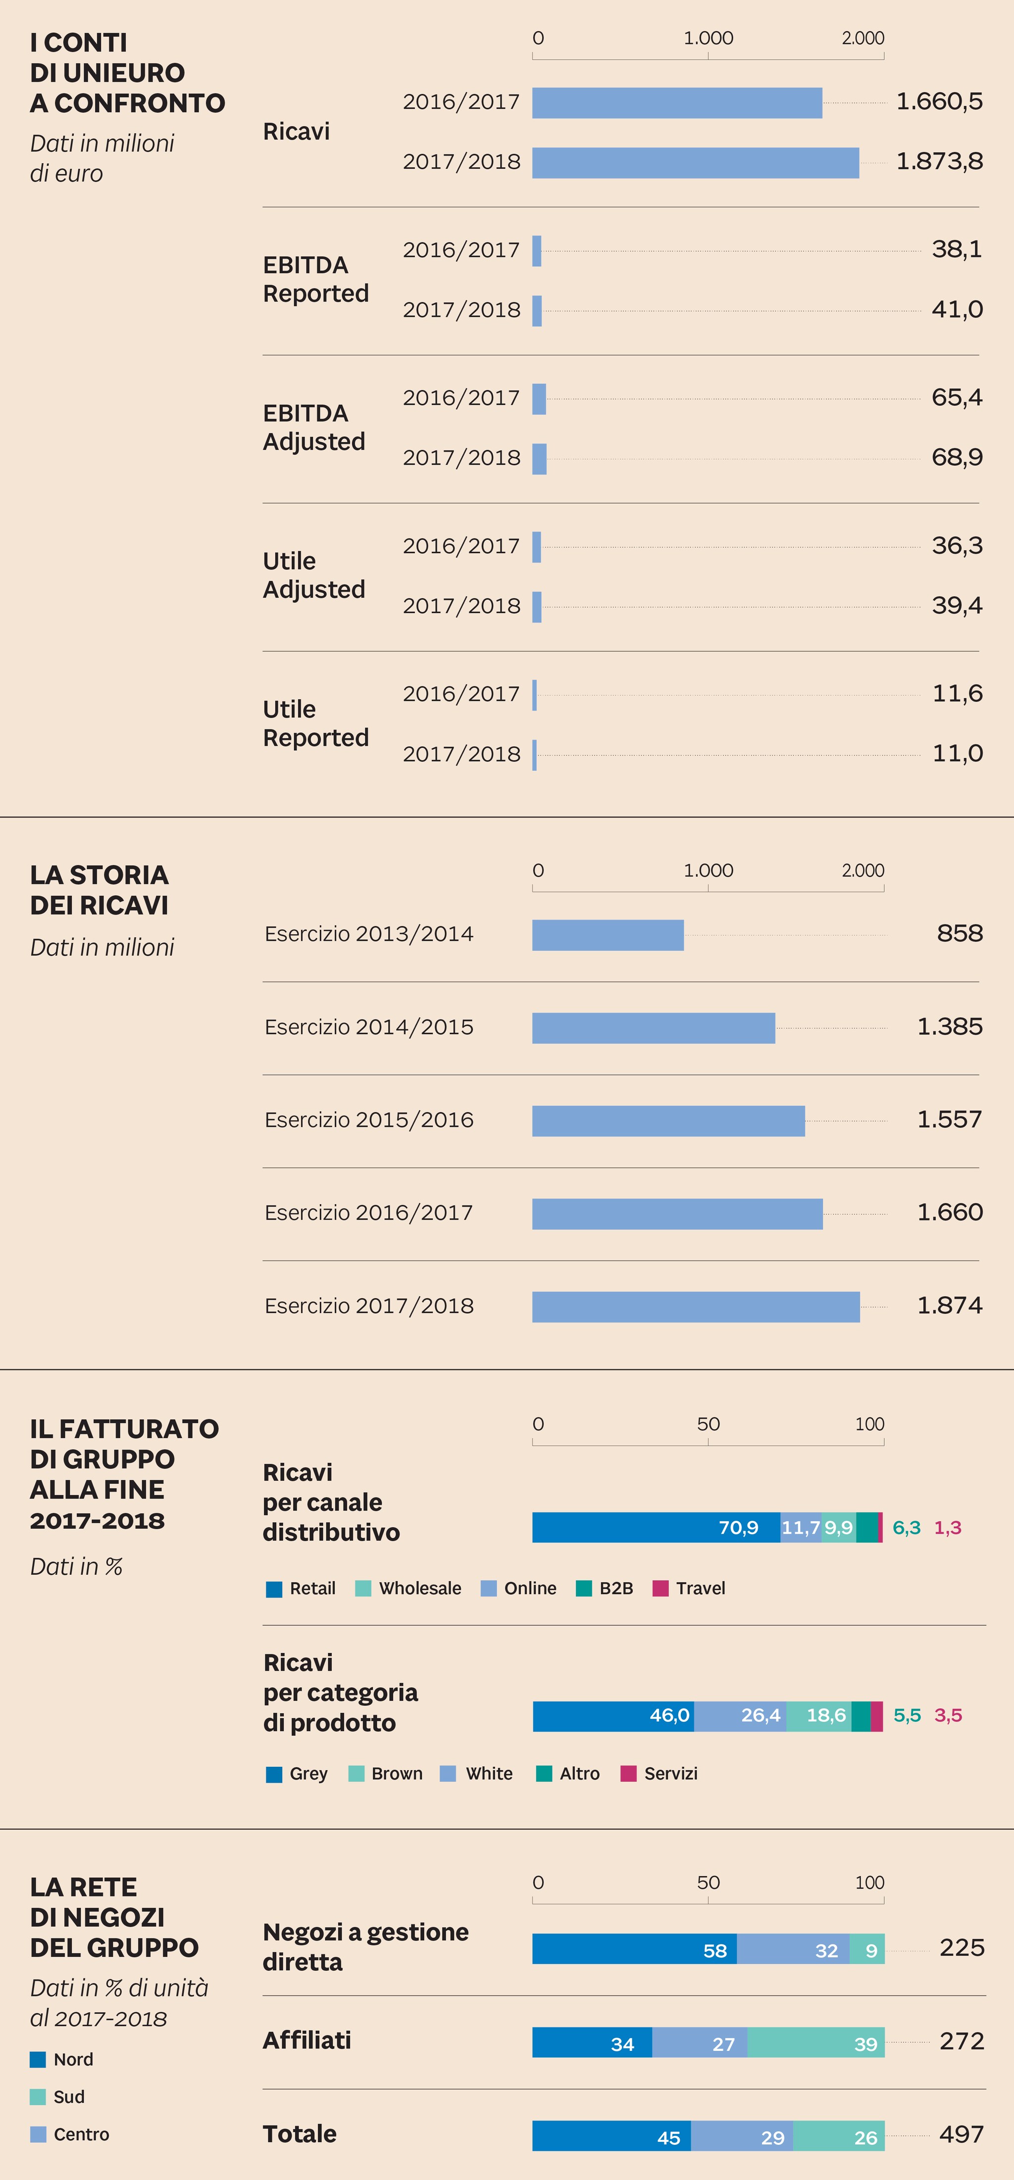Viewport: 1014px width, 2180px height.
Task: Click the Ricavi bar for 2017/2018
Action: point(695,162)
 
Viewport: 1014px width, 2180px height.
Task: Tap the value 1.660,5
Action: point(939,101)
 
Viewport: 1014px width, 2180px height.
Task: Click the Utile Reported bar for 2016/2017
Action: point(534,695)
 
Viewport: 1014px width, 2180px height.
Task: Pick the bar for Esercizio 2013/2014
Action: point(607,935)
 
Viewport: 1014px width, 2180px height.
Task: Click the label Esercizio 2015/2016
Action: point(368,1119)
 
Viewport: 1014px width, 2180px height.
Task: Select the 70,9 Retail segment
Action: point(656,1528)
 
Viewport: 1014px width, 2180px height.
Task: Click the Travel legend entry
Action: point(689,1589)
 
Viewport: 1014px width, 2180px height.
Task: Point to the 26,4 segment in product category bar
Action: point(740,1715)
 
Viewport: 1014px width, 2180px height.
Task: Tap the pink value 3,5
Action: point(947,1715)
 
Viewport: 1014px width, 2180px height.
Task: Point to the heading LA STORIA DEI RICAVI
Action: point(99,889)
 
